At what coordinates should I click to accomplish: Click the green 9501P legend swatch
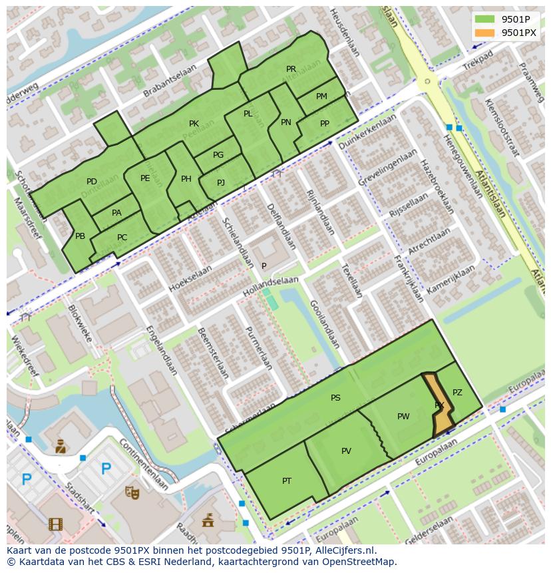coord(485,19)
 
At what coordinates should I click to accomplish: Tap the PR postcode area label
coord(291,69)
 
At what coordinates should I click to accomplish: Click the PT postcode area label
coord(287,481)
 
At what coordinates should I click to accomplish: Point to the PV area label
coord(346,451)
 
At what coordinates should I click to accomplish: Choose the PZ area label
coord(457,393)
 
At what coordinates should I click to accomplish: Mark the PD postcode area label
coord(92,182)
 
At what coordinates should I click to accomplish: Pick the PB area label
coord(80,236)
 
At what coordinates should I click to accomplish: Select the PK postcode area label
coord(194,124)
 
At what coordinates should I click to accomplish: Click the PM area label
coord(321,96)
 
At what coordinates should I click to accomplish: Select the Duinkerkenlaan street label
coord(367,130)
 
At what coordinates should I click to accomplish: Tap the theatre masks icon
coord(132,492)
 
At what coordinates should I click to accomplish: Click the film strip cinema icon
coord(55,524)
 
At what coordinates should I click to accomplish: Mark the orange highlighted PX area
coord(441,405)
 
